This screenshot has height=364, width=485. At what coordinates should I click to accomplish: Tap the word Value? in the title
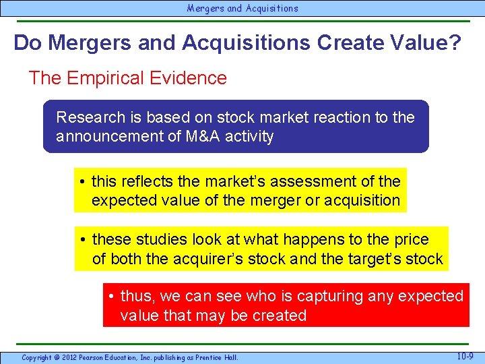(428, 42)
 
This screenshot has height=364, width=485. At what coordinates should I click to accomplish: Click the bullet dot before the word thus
(112, 297)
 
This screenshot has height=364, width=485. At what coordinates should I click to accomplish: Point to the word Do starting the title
(28, 42)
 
